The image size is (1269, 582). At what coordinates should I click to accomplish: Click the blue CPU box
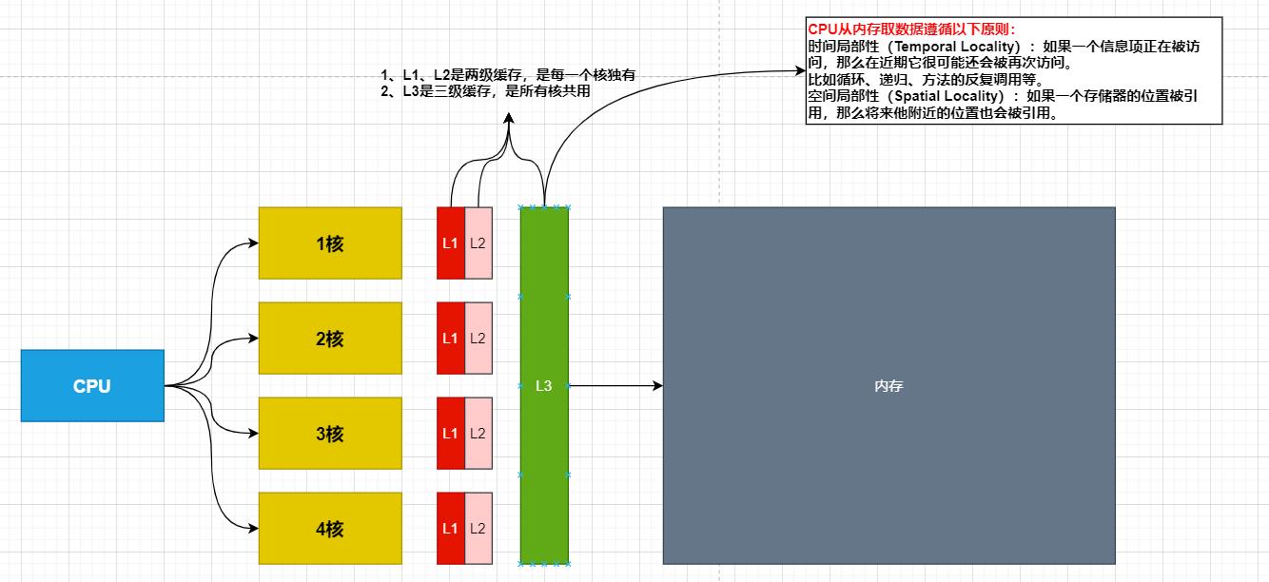92,386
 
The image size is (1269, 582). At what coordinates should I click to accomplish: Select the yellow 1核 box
330,243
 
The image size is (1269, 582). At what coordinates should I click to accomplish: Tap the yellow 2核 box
330,339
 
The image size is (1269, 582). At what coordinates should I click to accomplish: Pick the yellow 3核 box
330,434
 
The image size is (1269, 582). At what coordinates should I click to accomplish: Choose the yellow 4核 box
330,529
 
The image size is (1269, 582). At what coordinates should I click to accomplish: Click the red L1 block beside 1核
450,243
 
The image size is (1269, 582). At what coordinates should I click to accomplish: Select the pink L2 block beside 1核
478,243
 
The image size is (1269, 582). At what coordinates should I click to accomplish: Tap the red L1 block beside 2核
450,339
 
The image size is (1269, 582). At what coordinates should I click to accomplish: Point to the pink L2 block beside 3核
478,434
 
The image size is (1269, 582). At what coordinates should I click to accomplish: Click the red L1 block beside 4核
450,529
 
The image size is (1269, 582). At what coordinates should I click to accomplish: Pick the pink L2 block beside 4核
478,529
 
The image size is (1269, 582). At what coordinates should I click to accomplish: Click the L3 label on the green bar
543,386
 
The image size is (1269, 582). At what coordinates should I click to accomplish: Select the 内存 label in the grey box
888,387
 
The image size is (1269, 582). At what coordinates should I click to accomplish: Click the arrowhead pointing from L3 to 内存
656,386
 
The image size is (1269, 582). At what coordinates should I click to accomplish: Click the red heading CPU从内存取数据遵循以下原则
911,29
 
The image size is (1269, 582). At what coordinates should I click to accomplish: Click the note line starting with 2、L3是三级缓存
485,91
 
